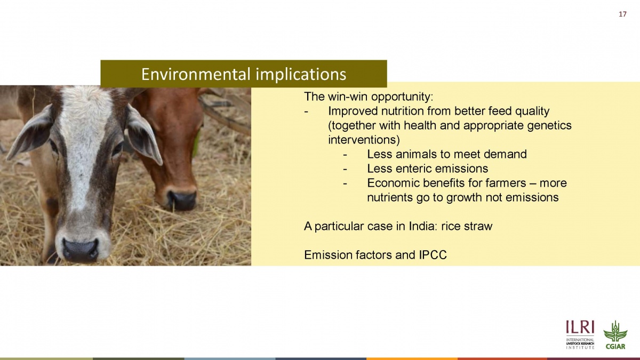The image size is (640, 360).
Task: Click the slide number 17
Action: click(622, 14)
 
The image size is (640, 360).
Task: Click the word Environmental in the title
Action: click(196, 74)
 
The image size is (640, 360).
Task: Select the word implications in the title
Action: click(301, 75)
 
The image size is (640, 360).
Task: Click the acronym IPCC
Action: click(433, 255)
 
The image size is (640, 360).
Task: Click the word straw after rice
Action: click(478, 226)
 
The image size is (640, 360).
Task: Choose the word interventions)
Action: click(364, 140)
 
